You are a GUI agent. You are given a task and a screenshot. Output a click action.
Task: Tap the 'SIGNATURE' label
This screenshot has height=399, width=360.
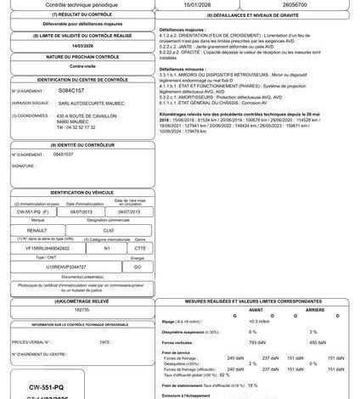(x=24, y=166)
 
